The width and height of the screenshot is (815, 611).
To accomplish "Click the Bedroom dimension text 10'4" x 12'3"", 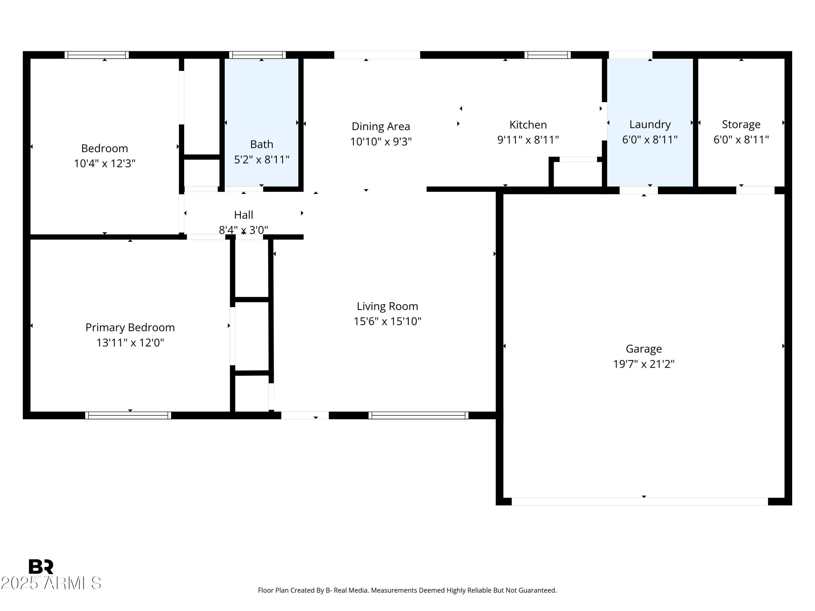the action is click(x=105, y=163).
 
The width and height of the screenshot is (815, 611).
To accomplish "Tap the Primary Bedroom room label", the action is click(x=130, y=327).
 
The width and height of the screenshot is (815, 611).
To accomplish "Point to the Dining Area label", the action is click(x=381, y=126).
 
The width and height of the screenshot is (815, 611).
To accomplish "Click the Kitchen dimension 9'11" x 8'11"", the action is click(x=528, y=140).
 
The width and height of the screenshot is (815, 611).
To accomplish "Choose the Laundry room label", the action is click(x=650, y=124).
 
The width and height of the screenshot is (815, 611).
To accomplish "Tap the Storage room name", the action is click(x=741, y=124).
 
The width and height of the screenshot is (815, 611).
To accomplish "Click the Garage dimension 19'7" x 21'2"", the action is click(x=644, y=364).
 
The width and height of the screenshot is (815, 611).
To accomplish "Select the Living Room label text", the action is click(x=387, y=306).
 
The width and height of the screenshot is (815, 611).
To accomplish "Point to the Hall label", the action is click(x=243, y=215).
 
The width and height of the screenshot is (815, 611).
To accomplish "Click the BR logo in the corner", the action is click(x=41, y=566).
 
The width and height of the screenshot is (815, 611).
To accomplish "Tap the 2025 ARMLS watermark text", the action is click(x=51, y=583).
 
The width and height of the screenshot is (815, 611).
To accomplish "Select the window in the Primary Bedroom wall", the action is click(x=128, y=415).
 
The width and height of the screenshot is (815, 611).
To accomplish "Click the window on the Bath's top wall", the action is click(x=258, y=55).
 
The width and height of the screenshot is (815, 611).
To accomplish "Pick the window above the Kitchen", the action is click(x=547, y=55).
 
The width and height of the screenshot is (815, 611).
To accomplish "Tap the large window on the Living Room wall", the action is click(x=419, y=415).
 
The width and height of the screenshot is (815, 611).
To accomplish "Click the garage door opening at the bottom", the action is click(x=640, y=501).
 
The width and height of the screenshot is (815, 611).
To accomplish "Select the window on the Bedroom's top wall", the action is click(x=96, y=55).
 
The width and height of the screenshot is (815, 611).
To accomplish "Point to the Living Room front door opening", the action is click(x=305, y=415).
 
